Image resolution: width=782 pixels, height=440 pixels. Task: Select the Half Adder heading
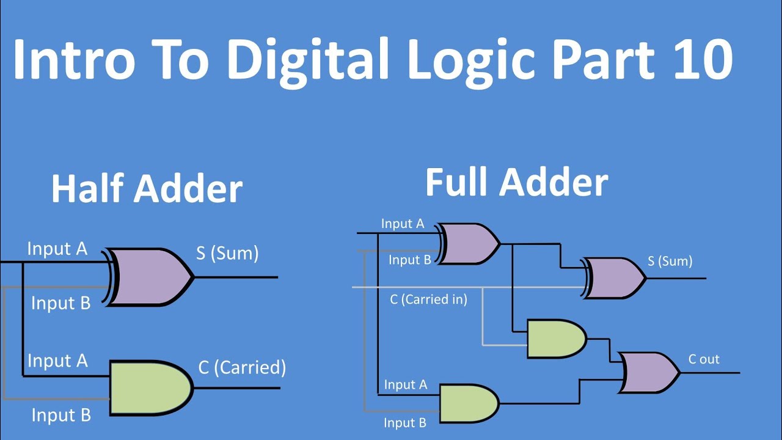(147, 189)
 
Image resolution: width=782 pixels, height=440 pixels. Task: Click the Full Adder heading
(516, 182)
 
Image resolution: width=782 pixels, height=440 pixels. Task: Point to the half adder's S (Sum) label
(227, 253)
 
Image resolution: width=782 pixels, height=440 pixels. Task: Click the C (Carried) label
(242, 367)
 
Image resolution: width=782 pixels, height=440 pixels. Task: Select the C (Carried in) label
(428, 299)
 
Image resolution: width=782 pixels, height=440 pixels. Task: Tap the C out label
(704, 359)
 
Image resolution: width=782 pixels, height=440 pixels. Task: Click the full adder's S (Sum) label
(670, 262)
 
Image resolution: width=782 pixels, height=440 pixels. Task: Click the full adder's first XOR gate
(469, 244)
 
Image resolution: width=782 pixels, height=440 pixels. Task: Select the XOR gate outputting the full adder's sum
(615, 278)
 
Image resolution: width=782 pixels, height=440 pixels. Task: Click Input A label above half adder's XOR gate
(57, 249)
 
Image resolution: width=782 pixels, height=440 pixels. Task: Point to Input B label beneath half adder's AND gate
(61, 416)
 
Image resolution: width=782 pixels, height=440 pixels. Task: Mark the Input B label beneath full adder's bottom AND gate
(404, 423)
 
